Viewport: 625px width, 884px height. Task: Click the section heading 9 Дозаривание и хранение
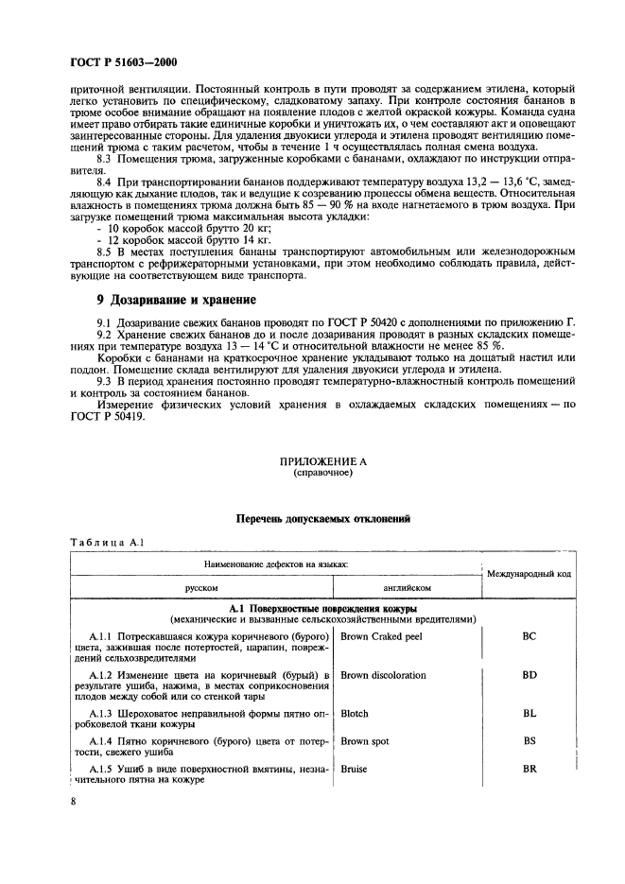164,300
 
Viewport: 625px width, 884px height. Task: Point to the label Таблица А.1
106,542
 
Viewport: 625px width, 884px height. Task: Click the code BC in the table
529,636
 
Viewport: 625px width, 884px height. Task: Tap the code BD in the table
529,675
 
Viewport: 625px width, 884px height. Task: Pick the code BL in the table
529,714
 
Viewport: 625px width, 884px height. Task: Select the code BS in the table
529,741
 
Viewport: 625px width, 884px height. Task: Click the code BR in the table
529,770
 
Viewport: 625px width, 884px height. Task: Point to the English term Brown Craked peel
384,636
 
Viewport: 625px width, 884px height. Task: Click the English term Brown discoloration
383,675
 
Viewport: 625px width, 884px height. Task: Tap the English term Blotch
355,714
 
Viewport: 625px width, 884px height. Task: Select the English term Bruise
355,770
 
